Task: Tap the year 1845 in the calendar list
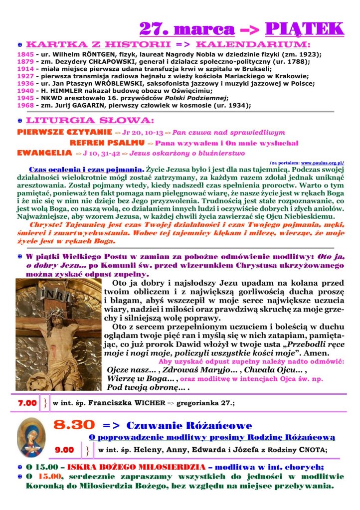tap(24, 54)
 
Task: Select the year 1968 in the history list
tap(24, 105)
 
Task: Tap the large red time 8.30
tap(74, 425)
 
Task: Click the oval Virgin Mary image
tap(31, 437)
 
